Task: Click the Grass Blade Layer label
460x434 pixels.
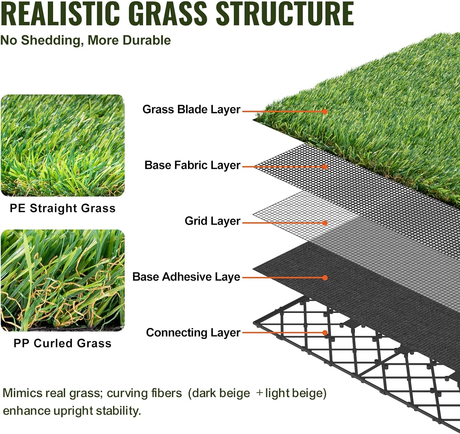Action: pos(191,109)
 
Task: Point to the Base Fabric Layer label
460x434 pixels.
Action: pos(192,165)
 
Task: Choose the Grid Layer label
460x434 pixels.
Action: pos(212,221)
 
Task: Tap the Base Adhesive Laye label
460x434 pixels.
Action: pos(186,277)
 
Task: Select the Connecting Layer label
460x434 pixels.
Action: pos(193,333)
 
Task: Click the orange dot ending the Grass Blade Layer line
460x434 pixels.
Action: pos(325,112)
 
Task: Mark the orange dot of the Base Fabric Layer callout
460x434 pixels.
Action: pos(325,167)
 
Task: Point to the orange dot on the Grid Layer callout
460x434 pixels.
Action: pos(325,223)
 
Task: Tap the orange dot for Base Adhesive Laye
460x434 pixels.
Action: pos(325,278)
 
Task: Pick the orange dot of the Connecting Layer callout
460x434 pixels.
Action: pos(325,333)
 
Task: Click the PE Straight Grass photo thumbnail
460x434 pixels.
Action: pos(63,145)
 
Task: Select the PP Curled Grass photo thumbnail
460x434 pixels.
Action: pos(63,280)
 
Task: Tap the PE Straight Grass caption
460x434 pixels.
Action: pos(63,208)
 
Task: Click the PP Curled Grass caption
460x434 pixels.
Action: pos(63,343)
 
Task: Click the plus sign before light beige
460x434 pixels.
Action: pos(259,393)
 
